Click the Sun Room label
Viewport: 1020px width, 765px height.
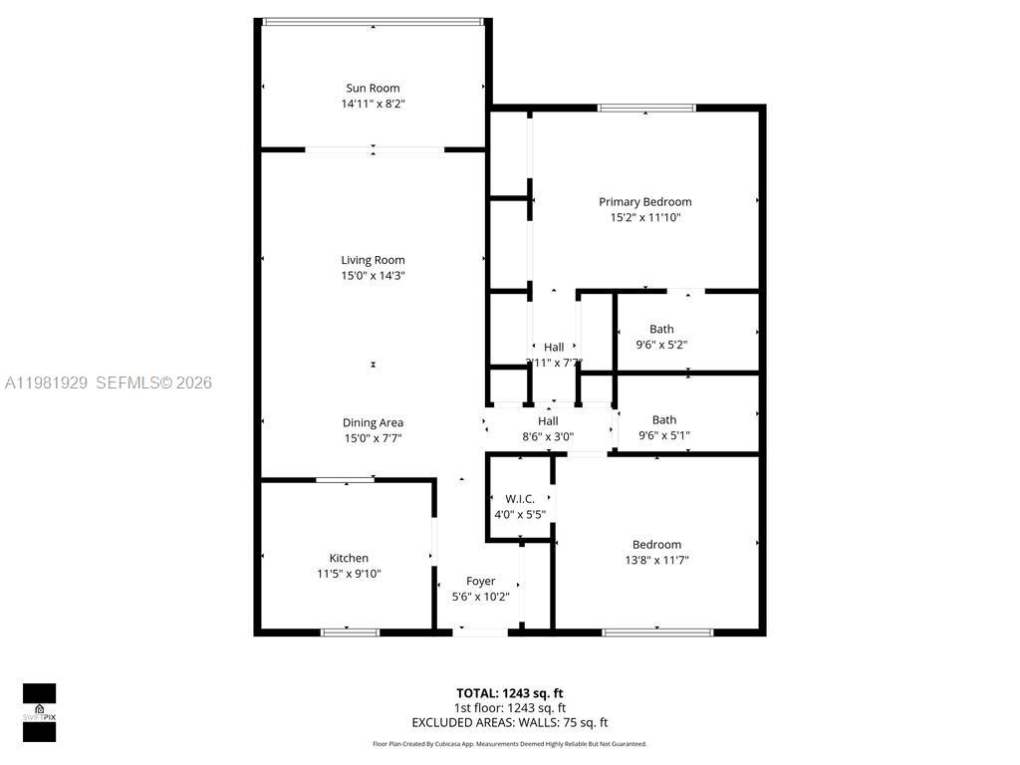[373, 88]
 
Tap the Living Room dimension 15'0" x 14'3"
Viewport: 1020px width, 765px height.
[373, 276]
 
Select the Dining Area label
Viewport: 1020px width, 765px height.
[373, 422]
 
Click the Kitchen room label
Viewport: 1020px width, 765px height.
[349, 558]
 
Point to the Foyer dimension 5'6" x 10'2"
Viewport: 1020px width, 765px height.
[480, 597]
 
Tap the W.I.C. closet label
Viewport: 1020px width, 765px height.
[520, 498]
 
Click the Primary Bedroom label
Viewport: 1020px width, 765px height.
[644, 201]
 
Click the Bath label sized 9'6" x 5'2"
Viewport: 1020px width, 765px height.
[661, 329]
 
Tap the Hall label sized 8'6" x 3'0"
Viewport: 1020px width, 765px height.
[548, 421]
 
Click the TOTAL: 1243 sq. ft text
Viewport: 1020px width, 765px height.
[509, 693]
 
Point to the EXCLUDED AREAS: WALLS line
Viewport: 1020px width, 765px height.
[509, 723]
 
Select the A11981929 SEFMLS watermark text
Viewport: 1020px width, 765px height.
[108, 382]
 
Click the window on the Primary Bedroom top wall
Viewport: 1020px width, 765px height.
[645, 108]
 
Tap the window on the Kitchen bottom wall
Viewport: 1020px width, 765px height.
[350, 632]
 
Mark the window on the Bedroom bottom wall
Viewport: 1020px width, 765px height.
[657, 632]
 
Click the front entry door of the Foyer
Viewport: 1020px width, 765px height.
[480, 632]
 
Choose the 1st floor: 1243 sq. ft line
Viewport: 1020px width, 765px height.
[509, 708]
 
